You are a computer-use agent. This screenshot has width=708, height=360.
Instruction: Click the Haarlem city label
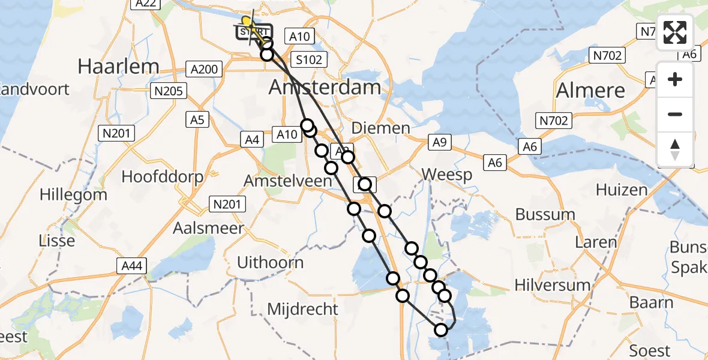119,66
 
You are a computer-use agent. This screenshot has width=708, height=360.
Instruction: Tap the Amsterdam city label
325,88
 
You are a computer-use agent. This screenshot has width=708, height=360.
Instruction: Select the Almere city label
591,91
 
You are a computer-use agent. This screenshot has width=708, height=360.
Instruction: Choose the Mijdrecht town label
302,310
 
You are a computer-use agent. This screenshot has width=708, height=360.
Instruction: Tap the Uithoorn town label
271,262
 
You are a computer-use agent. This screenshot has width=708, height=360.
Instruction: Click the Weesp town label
446,175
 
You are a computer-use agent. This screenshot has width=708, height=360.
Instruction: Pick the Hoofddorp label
162,177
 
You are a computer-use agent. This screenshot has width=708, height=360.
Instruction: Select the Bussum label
545,214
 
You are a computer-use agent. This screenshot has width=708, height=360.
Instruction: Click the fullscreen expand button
676,32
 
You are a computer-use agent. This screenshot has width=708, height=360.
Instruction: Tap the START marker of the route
254,32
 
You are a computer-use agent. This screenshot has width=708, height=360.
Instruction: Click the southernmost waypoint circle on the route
441,329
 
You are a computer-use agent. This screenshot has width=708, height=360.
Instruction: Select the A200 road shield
204,69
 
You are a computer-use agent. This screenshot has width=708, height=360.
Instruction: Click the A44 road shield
131,265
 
